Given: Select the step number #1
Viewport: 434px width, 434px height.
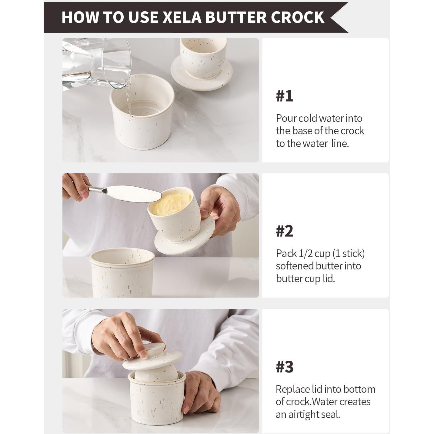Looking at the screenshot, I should [284, 96].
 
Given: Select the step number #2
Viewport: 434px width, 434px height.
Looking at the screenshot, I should [284, 231].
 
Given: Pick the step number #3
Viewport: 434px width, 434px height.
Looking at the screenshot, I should [284, 367].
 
